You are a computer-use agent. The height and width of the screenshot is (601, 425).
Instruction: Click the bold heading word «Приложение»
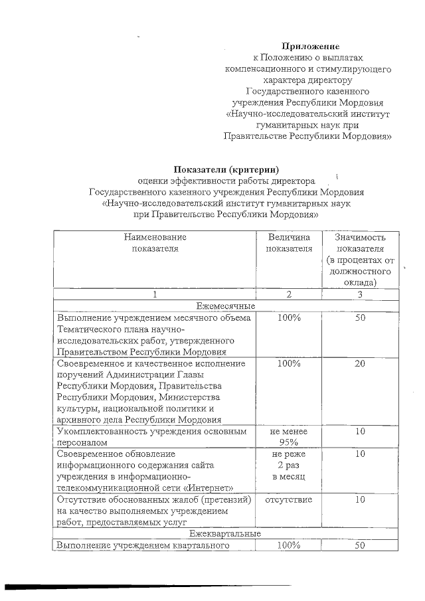click(x=311, y=46)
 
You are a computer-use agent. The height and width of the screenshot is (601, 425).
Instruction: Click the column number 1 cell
click(x=155, y=294)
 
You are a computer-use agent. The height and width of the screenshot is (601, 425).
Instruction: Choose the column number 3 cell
click(x=360, y=294)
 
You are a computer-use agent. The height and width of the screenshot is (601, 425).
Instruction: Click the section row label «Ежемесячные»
click(x=224, y=305)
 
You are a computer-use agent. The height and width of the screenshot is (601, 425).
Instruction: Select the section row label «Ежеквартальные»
click(x=224, y=534)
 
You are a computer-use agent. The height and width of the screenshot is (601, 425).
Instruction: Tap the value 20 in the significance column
click(x=360, y=364)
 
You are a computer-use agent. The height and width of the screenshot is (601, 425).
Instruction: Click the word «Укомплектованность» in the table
click(x=100, y=432)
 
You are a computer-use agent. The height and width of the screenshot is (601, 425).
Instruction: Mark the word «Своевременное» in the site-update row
click(x=90, y=454)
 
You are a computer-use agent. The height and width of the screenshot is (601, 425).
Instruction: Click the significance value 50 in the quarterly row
click(x=360, y=546)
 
